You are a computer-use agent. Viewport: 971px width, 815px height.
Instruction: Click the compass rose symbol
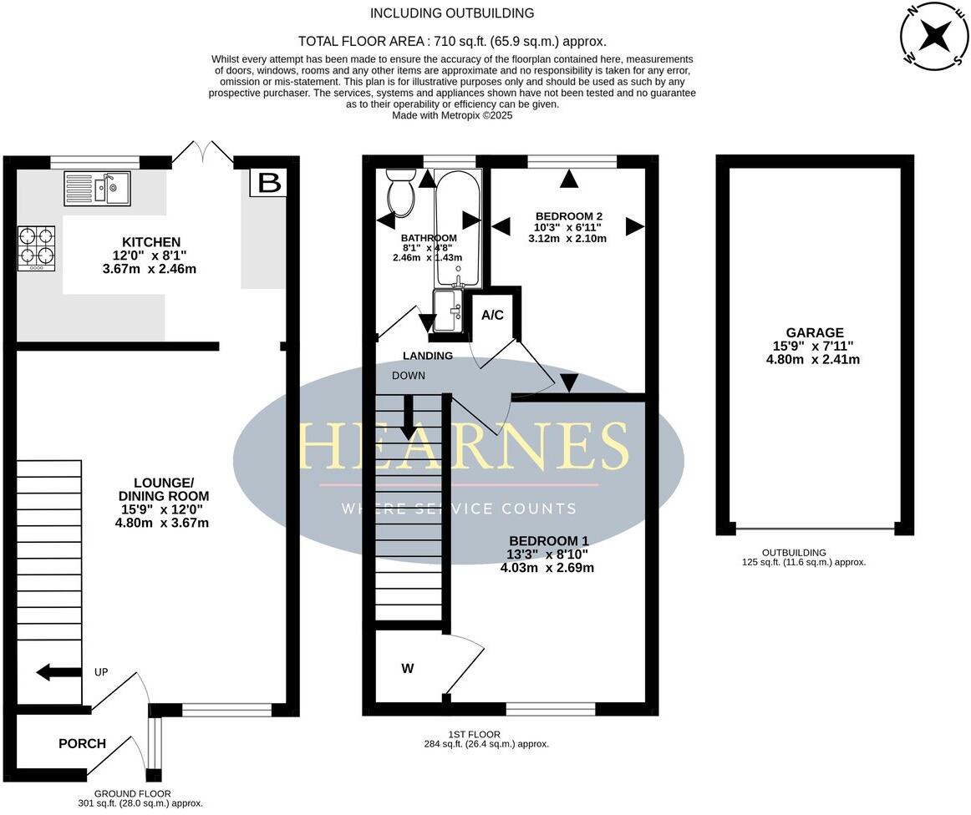(934, 36)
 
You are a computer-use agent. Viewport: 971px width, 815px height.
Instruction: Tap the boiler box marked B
(269, 182)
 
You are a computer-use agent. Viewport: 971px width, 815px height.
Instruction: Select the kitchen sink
(97, 188)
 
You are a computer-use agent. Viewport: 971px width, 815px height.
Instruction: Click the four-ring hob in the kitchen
(36, 248)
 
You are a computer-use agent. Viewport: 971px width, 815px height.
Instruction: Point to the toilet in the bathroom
(401, 192)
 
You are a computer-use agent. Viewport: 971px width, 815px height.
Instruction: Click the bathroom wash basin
(447, 310)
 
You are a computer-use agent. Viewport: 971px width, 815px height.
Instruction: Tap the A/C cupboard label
(492, 315)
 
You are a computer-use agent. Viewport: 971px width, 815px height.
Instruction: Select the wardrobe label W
(408, 668)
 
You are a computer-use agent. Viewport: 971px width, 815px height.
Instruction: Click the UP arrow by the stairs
(56, 672)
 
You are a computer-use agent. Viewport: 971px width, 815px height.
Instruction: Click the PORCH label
(82, 743)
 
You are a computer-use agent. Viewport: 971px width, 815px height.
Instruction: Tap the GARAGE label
(814, 332)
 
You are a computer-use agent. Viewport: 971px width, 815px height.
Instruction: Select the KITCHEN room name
(151, 242)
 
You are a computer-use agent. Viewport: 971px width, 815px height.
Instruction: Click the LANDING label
(428, 356)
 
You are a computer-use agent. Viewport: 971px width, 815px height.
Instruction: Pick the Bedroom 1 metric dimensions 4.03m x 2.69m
(547, 568)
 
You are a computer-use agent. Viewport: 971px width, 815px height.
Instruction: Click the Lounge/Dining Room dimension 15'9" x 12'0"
(162, 509)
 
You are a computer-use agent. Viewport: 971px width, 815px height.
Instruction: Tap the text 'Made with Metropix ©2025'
(452, 116)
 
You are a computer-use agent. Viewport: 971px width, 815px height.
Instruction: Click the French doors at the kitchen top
(203, 154)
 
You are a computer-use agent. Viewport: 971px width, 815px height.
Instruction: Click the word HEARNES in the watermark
(462, 446)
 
